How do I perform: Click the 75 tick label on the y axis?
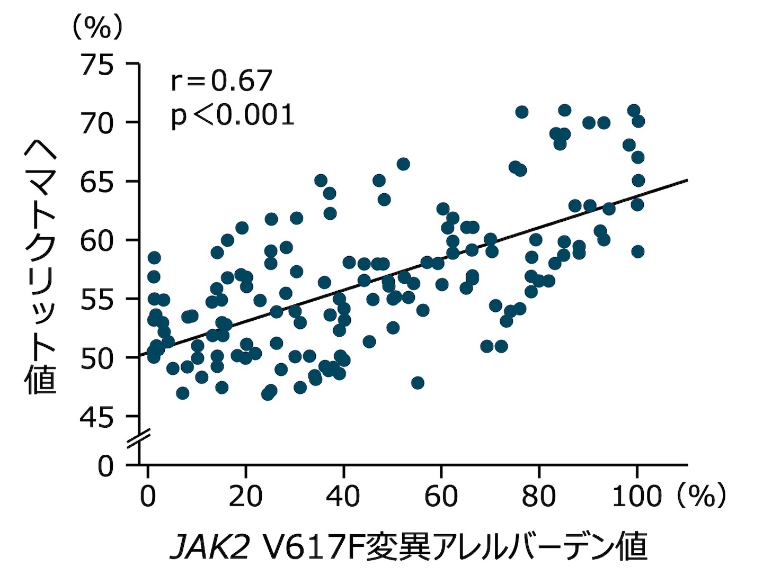pyautogui.click(x=97, y=66)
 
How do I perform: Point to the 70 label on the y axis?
pyautogui.click(x=97, y=124)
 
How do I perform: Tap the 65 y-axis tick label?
pyautogui.click(x=97, y=183)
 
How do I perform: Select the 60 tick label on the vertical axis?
pyautogui.click(x=97, y=241)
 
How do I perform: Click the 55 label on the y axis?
pyautogui.click(x=97, y=300)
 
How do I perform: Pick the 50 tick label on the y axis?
pyautogui.click(x=97, y=359)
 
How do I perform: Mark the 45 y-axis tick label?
pyautogui.click(x=97, y=418)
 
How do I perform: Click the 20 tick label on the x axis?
pyautogui.click(x=245, y=497)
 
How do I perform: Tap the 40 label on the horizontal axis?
pyautogui.click(x=343, y=497)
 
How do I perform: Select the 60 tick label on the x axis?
pyautogui.click(x=441, y=497)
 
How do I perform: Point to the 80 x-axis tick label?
pyautogui.click(x=538, y=497)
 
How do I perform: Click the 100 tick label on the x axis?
pyautogui.click(x=636, y=497)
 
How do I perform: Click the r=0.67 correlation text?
pyautogui.click(x=221, y=81)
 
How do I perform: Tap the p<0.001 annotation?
pyautogui.click(x=232, y=115)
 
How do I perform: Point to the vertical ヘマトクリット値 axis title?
pyautogui.click(x=41, y=267)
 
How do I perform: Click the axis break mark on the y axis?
pyautogui.click(x=139, y=440)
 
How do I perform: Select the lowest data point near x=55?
pyautogui.click(x=418, y=383)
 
